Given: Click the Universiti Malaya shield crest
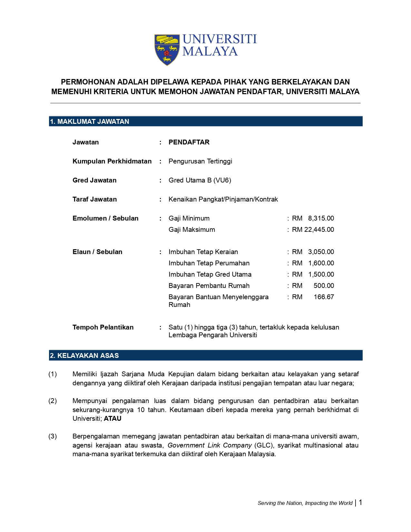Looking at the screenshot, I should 167,50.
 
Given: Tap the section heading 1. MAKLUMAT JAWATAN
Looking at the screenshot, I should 89,122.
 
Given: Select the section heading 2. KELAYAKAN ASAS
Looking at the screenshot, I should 84,356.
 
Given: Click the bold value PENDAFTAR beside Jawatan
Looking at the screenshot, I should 189,142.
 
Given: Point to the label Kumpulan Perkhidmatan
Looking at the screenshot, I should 112,161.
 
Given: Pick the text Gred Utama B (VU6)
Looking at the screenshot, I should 200,180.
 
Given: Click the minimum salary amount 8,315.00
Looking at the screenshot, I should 321,218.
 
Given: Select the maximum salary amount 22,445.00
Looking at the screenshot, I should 319,230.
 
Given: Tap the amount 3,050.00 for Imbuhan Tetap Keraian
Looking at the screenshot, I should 321,252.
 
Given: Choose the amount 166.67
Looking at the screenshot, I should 324,297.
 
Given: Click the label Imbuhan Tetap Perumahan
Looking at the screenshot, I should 209,263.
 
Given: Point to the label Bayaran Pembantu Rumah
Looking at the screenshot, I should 209,286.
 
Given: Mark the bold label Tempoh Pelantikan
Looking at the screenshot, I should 103,327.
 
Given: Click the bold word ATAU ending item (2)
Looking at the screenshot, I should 113,419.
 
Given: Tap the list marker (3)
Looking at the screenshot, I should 53,436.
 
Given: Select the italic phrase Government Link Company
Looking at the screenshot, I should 210,445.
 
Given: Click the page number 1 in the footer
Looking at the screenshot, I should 360,502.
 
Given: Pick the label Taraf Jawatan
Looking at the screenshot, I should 94,199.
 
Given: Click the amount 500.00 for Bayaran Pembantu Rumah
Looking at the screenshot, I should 324,286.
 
